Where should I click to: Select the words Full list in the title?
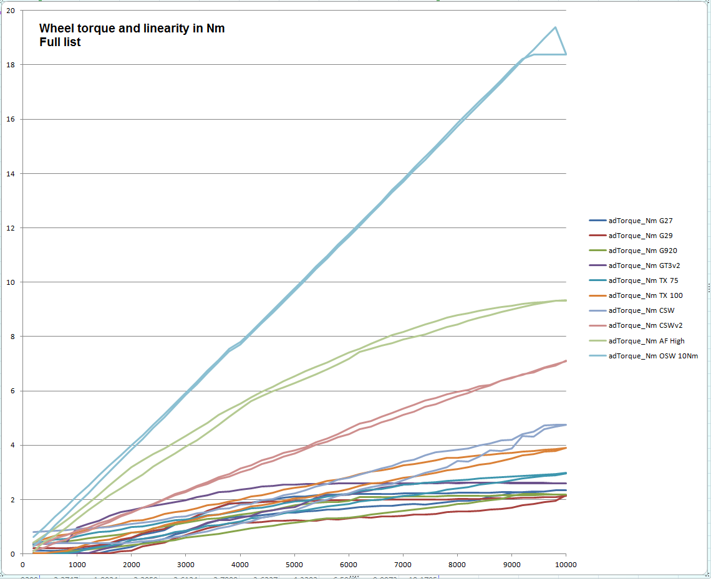tap(60, 43)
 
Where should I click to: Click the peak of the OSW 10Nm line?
tap(555, 27)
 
